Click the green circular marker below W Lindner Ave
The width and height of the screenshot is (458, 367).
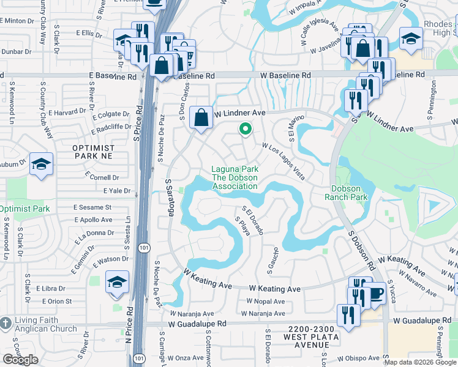[x=246, y=129]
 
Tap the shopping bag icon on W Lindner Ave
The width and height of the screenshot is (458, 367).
[x=201, y=116]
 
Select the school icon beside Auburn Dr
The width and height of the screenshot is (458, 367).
[x=41, y=164]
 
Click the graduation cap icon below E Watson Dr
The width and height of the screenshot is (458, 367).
[x=117, y=282]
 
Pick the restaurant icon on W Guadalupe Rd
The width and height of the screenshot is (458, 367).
[x=348, y=315]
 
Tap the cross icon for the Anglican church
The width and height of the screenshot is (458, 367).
[x=6, y=322]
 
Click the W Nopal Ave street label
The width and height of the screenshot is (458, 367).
[x=266, y=302]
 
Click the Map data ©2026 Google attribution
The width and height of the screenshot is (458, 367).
[x=420, y=362]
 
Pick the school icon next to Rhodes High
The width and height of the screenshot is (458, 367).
[x=411, y=39]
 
